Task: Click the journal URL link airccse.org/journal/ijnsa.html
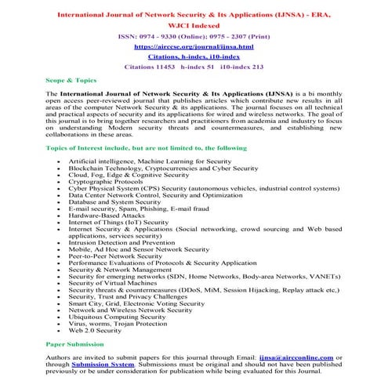[193, 46]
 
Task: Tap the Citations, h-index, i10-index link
[193, 56]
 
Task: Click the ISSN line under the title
[193, 36]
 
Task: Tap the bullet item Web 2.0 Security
[95, 330]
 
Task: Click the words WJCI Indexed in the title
[194, 23]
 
